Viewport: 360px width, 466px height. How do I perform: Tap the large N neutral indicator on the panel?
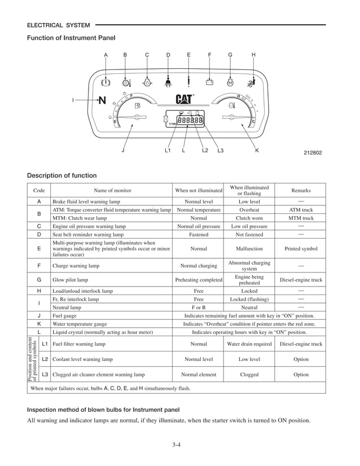tap(102, 100)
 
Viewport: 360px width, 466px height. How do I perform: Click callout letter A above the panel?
tap(106, 55)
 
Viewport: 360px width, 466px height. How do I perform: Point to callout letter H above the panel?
tap(253, 55)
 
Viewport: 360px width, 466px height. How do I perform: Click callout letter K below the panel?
tap(257, 151)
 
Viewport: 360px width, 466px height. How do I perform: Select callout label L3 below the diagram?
tap(220, 151)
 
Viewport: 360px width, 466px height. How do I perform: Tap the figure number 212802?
tap(313, 153)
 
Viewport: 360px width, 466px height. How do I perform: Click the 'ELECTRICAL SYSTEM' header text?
tap(58, 25)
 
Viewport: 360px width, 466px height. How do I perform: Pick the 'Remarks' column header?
tap(301, 191)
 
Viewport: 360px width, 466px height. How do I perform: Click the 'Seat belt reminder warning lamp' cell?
tap(88, 234)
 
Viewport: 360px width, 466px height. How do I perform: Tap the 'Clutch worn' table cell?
tap(249, 218)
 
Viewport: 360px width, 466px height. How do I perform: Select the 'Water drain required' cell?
tap(249, 344)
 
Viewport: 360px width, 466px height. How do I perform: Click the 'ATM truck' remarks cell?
tap(301, 209)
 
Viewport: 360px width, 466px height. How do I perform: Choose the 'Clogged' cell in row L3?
tap(249, 374)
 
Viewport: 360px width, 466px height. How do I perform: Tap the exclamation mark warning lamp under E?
tap(188, 81)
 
